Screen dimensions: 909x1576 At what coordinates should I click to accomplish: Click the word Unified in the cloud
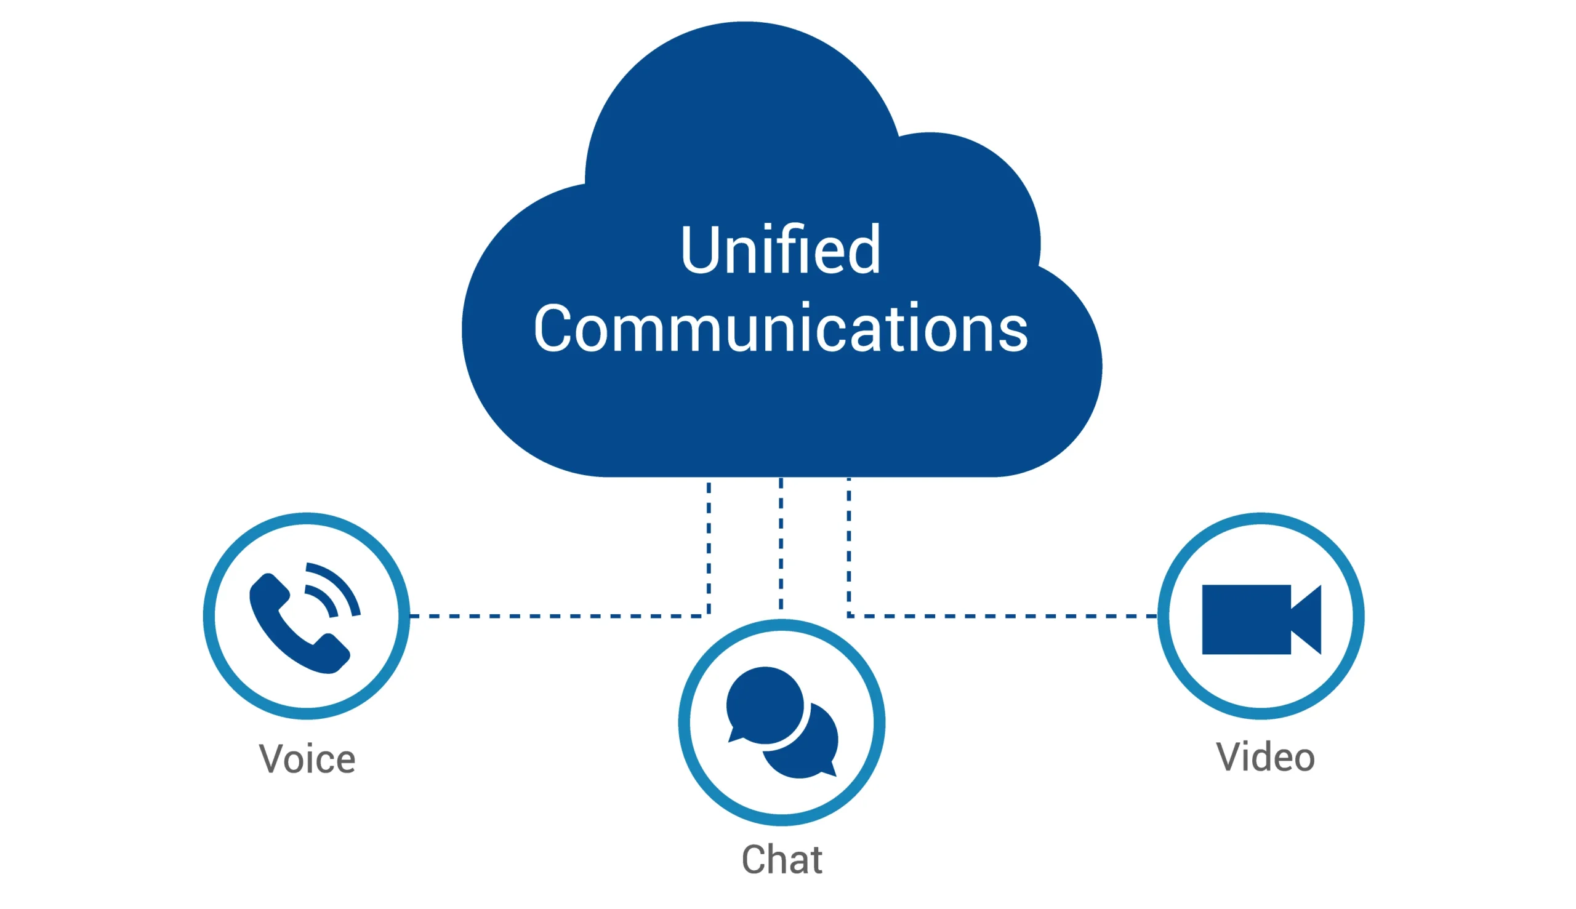(780, 250)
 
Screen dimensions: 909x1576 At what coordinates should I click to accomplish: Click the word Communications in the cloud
(780, 329)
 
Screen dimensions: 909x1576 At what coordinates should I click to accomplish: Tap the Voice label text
(307, 759)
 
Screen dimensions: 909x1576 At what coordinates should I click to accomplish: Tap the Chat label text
(781, 860)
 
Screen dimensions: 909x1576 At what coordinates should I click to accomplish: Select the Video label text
(1265, 757)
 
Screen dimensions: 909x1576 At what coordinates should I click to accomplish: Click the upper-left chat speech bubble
(764, 704)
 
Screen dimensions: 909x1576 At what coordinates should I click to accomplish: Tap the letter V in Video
(1229, 756)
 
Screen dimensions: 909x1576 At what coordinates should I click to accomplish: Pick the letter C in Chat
(754, 860)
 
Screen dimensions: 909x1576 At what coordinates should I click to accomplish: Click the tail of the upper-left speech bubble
(734, 735)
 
